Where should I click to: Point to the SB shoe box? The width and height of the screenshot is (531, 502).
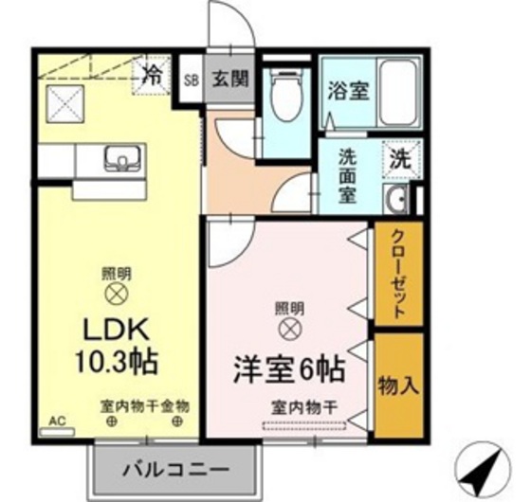(192, 81)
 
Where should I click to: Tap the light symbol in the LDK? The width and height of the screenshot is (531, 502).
(117, 294)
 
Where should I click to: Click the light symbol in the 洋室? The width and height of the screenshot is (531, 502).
(289, 329)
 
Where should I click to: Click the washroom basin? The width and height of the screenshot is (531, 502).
(396, 198)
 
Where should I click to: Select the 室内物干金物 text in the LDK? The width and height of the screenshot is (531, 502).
(145, 404)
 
